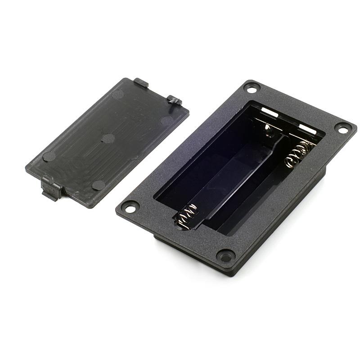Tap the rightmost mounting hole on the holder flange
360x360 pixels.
tap(343, 130)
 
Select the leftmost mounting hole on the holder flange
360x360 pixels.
tap(130, 208)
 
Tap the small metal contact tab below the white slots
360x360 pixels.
tap(269, 130)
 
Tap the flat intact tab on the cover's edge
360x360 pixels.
tap(140, 83)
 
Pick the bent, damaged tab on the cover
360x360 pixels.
tap(175, 100)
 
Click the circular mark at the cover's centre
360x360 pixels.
tap(108, 138)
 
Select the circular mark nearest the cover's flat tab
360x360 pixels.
tap(118, 94)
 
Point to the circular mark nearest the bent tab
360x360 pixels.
tap(167, 121)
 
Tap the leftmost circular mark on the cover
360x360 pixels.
tap(49, 157)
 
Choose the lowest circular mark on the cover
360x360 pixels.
tap(98, 185)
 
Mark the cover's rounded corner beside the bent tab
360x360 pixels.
tap(184, 111)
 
